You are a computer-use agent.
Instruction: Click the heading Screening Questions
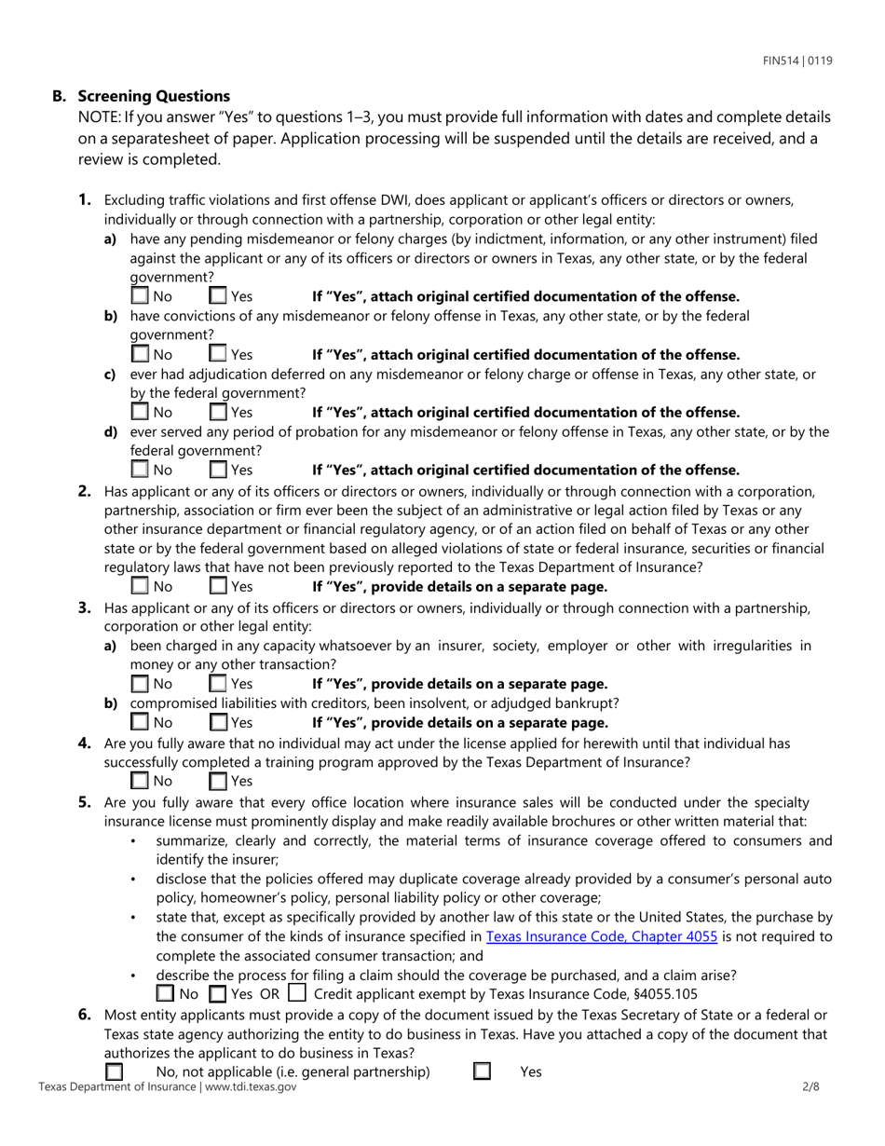point(154,96)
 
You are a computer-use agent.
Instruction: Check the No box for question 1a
point(140,296)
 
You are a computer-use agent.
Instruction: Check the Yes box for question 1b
point(218,354)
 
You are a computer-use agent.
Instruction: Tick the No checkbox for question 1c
point(140,412)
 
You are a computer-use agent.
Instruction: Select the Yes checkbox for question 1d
point(218,470)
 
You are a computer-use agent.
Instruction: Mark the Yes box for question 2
point(218,586)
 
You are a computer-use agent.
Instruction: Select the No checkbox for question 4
point(140,780)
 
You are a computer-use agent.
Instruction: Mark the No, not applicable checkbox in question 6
point(114,1071)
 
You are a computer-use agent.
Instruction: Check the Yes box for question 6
point(482,1071)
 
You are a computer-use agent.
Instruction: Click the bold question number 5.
point(85,801)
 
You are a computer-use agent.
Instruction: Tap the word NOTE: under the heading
point(99,118)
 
